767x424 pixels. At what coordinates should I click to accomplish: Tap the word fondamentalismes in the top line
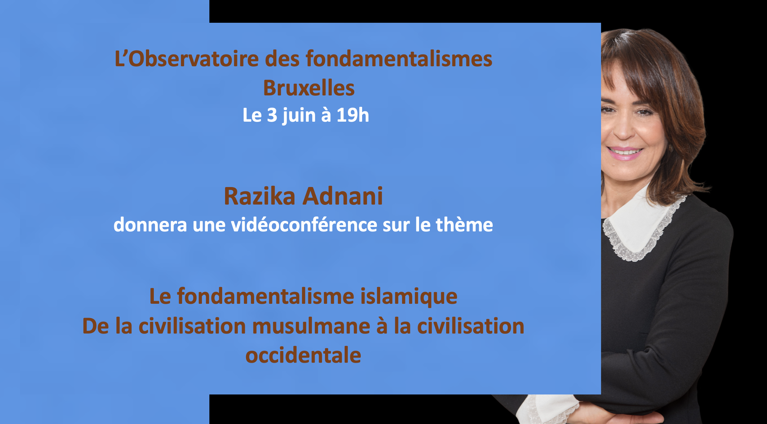pos(399,58)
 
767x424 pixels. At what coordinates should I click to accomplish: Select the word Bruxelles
pos(309,88)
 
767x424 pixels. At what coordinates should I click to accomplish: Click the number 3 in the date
pos(272,115)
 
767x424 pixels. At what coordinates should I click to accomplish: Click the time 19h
pos(353,115)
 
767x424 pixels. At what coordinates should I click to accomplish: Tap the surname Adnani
pos(343,196)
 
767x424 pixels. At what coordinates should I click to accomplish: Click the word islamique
pos(409,297)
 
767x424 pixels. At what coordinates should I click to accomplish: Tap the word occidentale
pos(303,355)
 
